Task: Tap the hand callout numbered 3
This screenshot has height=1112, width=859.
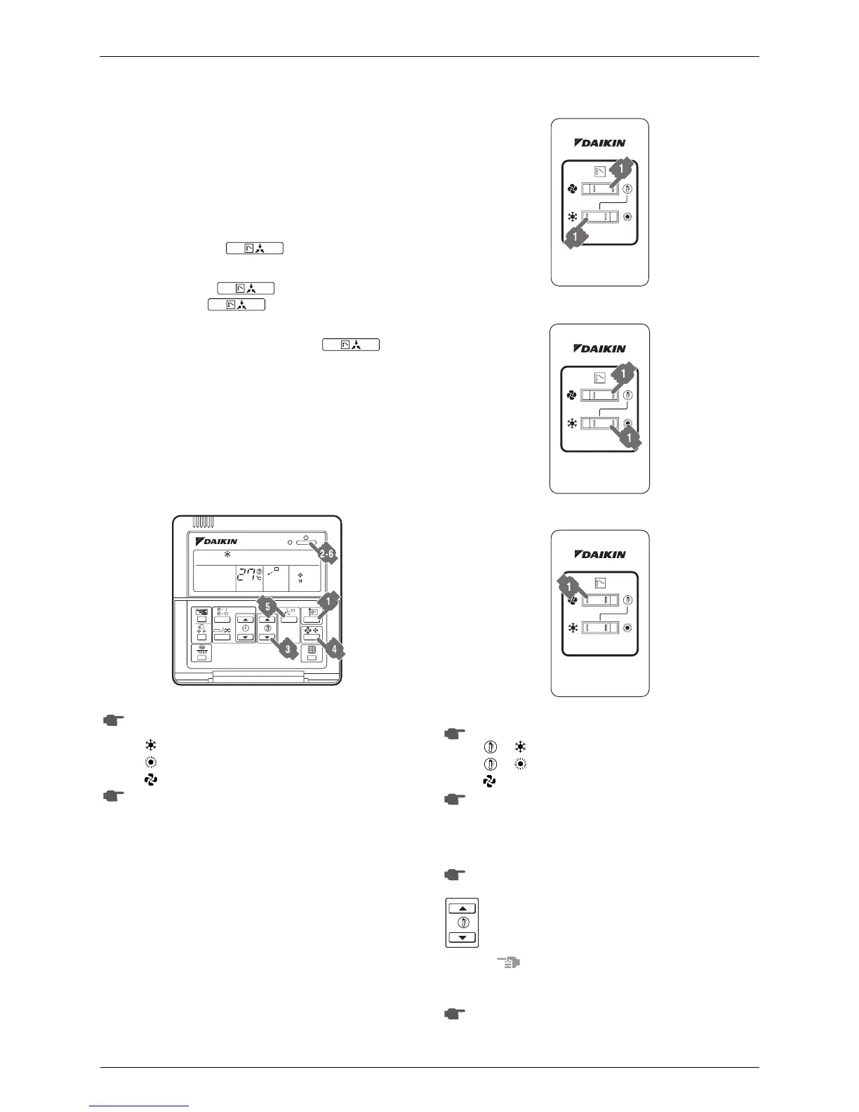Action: [x=286, y=649]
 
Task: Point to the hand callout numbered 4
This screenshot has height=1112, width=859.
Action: [x=333, y=649]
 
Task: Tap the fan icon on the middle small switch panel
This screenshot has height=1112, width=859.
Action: [x=571, y=395]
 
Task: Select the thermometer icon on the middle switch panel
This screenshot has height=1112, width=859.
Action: [x=627, y=395]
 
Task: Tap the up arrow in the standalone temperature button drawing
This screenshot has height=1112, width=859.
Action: [x=462, y=908]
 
